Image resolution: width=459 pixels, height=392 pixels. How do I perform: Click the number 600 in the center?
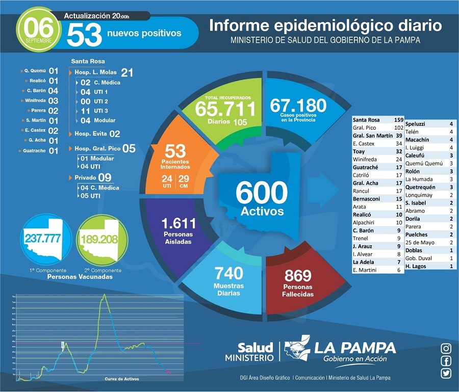[261, 193]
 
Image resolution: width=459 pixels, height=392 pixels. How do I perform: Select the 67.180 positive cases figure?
[298, 106]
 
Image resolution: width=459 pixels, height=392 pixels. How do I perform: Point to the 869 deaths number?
[298, 276]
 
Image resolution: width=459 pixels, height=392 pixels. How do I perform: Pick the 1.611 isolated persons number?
[178, 223]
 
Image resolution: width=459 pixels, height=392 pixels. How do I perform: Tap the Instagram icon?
[446, 349]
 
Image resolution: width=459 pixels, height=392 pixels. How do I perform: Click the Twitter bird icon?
[446, 373]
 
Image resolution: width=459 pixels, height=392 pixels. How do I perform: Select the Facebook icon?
[446, 361]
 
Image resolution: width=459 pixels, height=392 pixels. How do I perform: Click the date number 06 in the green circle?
[38, 25]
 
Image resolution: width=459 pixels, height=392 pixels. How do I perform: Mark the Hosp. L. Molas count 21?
[127, 73]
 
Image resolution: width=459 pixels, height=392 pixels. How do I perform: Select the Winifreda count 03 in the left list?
[53, 101]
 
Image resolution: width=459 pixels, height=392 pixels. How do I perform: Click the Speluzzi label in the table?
[416, 124]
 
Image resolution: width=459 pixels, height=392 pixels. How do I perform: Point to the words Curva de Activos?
[121, 379]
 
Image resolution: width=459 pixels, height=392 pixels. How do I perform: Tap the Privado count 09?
[105, 177]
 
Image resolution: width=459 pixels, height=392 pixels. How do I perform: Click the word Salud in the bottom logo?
[255, 348]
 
